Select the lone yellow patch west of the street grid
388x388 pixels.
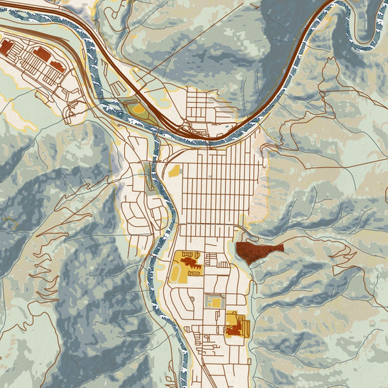pyautogui.click(x=174, y=171)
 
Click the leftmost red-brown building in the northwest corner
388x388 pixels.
pyautogui.click(x=6, y=47)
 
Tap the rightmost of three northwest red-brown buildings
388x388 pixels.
pyautogui.click(x=57, y=65)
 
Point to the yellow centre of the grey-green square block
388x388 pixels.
pyautogui.click(x=213, y=301)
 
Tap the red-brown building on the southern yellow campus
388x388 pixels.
pyautogui.click(x=234, y=330)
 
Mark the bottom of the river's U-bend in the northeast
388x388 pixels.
pyautogui.click(x=372, y=44)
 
